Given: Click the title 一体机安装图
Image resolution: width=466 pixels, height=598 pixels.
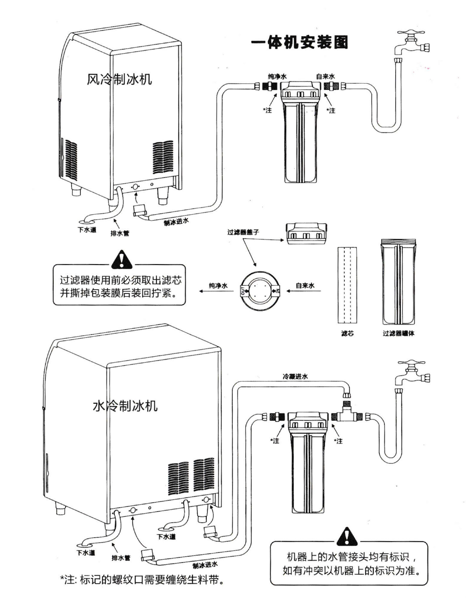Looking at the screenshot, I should click(299, 42).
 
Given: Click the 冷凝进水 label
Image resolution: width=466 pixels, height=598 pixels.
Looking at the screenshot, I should click(295, 377).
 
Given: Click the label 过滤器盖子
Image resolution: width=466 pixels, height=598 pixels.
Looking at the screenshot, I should click(243, 232).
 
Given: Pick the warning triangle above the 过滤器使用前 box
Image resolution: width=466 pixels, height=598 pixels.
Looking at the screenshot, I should click(122, 260).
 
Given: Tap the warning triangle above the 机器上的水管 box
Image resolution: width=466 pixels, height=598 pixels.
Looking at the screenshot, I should click(346, 536).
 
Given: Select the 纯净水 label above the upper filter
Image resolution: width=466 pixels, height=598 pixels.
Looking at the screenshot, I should click(277, 76).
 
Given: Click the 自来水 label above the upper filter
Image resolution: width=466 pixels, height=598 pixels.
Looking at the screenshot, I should click(326, 76).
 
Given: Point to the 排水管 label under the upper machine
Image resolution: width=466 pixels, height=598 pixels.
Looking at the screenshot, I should click(120, 233).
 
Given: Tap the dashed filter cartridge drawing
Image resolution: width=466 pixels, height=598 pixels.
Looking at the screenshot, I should click(347, 285).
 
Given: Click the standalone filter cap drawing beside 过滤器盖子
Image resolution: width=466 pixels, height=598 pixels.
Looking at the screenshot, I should click(306, 233).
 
